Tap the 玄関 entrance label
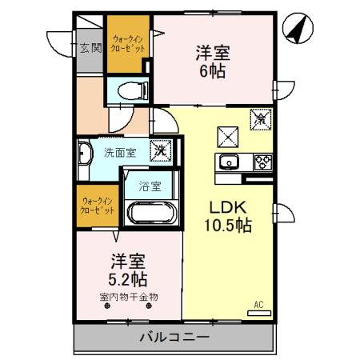coord(90,47)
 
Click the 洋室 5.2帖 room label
coord(127,270)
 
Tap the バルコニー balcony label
coord(173,337)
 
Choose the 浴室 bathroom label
coord(150,186)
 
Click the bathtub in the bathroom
coord(150,214)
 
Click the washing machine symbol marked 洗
coord(161,150)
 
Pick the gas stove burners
coord(262,163)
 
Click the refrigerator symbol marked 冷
coord(261,121)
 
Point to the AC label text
coord(258,305)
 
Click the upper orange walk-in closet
coord(129,44)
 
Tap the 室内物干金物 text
coord(128,298)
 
